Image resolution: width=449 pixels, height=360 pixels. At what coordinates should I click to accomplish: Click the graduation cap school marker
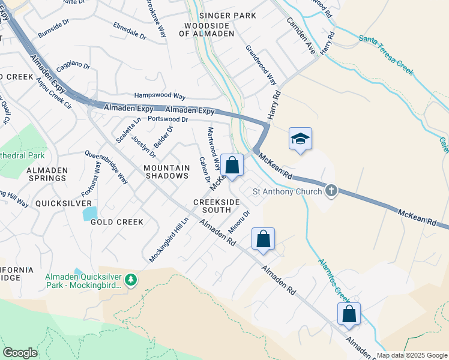pos(300,139)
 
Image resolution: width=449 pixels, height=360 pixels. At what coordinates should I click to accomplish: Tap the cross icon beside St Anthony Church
pos(330,191)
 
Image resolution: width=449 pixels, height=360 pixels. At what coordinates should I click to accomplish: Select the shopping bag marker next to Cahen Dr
pos(232,166)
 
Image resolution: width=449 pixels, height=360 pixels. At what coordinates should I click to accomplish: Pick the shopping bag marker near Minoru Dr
pos(263,239)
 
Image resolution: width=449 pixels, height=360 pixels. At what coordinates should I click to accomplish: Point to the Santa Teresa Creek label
pos(387,55)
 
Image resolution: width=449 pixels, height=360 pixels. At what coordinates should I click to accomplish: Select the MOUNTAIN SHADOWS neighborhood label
pos(167,172)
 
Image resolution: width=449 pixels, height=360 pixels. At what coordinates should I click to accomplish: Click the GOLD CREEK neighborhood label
pos(117,222)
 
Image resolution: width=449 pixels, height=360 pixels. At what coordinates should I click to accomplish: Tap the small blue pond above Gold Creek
pos(89,212)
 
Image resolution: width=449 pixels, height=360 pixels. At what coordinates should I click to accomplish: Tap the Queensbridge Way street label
pos(106,167)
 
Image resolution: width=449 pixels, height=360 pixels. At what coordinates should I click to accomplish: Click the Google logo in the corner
pos(20,353)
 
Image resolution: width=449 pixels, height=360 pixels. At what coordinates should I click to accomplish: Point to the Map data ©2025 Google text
pos(411,355)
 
